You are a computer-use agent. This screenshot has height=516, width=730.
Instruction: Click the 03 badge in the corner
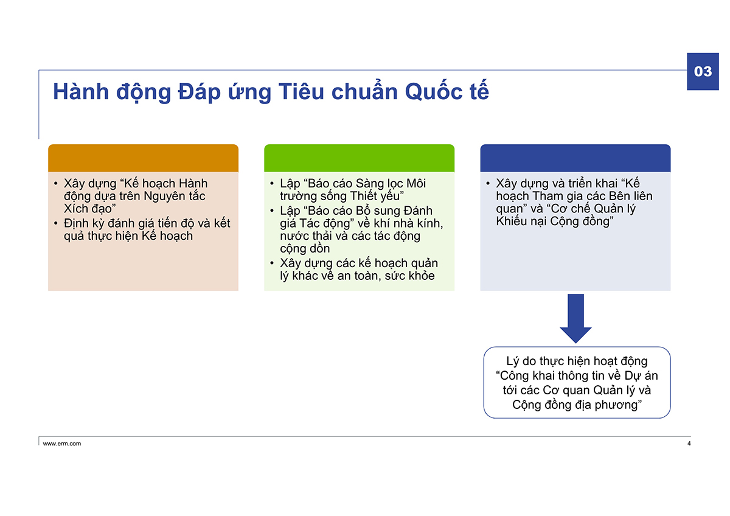pos(703,71)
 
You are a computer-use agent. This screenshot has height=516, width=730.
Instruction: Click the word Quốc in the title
pos(433,92)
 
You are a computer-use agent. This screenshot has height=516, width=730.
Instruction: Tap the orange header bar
pos(143,158)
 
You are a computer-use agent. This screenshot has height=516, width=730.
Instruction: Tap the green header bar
pos(359,158)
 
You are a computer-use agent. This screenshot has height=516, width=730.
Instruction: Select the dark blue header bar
pos(575,158)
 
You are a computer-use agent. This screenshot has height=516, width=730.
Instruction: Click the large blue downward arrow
pos(575,318)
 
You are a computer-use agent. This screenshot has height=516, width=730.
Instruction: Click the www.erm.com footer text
pos(62,444)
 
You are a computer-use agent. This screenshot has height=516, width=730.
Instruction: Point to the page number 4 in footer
pos(689,444)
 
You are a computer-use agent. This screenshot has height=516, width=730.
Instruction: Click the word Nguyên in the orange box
pos(164,196)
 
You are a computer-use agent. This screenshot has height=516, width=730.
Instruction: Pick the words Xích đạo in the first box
pos(88,209)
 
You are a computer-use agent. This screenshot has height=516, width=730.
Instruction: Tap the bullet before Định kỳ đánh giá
pos(56,223)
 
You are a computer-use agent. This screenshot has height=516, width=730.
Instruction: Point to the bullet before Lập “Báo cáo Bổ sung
pos(272,211)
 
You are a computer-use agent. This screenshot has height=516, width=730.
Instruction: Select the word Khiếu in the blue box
pos(511,221)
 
